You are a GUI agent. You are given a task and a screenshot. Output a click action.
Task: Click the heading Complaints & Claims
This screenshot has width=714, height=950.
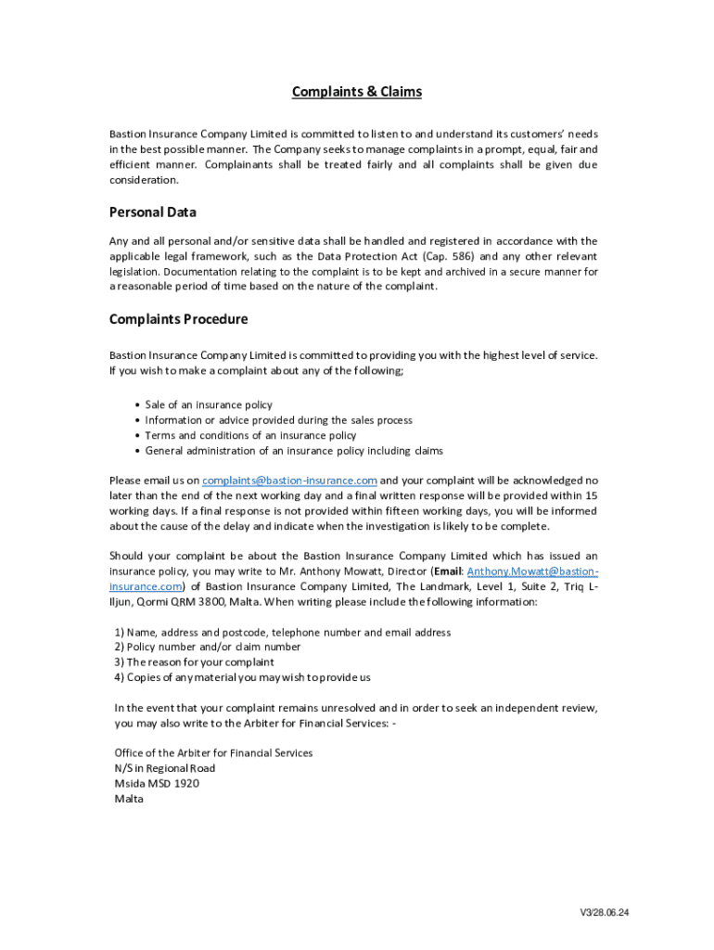[357, 92]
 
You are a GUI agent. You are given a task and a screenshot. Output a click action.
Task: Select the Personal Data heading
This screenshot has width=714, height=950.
[152, 212]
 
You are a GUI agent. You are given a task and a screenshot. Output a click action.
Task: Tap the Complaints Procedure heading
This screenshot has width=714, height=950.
[178, 320]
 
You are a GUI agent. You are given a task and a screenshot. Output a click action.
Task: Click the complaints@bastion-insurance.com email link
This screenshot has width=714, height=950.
[289, 481]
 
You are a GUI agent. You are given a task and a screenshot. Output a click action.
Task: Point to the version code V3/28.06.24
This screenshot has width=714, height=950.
[605, 913]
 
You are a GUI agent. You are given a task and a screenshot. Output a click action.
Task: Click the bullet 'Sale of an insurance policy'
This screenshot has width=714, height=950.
[209, 405]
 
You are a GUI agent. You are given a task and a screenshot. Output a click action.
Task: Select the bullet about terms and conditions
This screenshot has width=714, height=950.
[250, 436]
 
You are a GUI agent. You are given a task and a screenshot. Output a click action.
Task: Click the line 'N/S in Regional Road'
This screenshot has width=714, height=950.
[165, 768]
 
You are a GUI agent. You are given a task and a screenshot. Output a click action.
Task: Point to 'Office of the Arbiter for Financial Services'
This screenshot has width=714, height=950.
[213, 753]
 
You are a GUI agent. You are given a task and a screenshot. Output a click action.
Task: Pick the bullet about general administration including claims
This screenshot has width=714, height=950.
[294, 451]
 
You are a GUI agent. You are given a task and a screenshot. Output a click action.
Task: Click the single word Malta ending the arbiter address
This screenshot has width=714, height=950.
[129, 799]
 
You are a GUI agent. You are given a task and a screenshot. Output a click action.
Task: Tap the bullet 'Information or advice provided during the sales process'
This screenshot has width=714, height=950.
[278, 420]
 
